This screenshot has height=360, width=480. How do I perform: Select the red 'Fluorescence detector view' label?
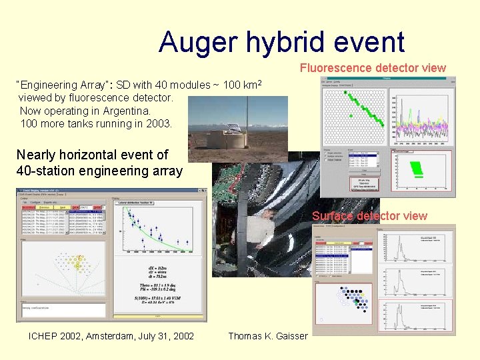point(373,68)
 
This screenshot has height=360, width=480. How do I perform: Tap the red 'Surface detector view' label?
point(369,216)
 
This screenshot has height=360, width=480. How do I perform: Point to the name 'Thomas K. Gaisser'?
point(268,335)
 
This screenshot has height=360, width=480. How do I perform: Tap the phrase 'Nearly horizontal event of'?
point(92,155)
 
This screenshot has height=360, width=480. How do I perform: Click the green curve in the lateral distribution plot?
point(160,242)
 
